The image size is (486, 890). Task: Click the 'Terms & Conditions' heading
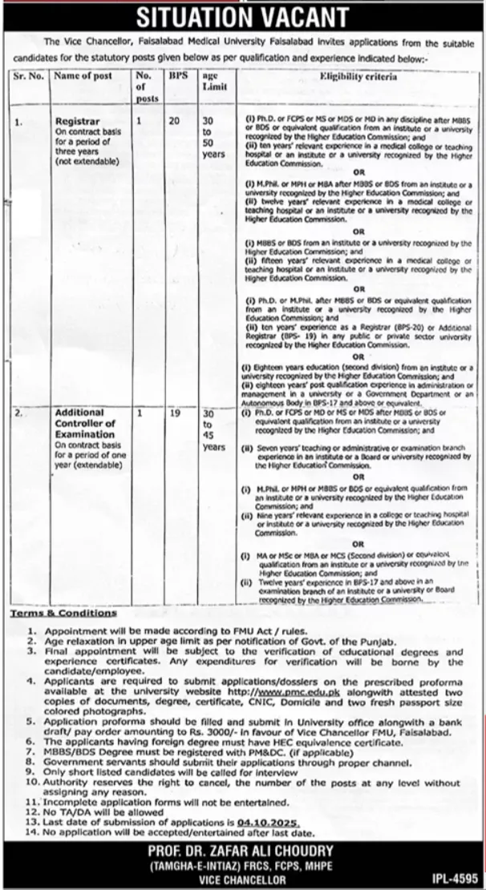click(63, 613)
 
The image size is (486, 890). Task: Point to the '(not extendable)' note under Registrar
click(83, 161)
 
